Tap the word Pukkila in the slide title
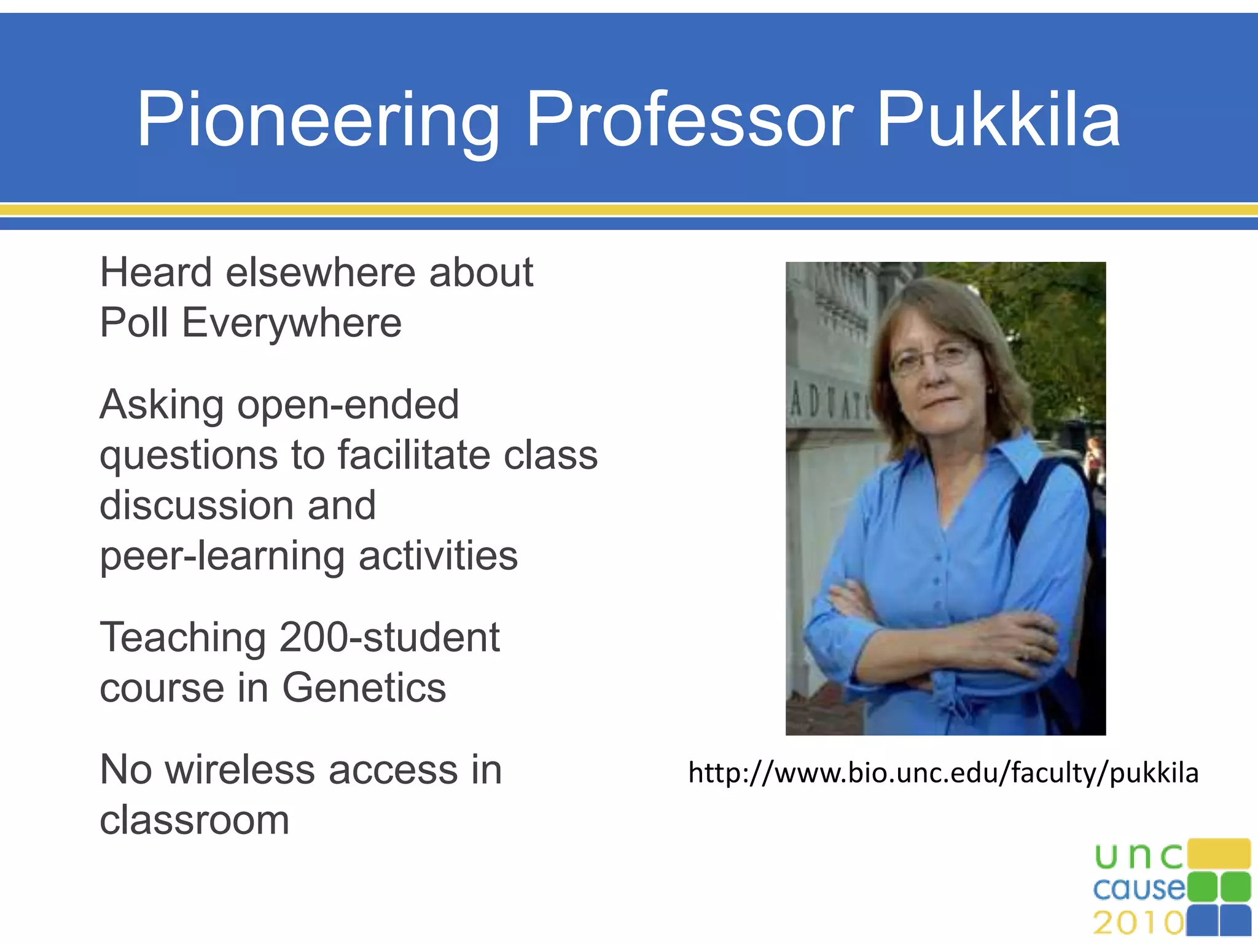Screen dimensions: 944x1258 click(999, 120)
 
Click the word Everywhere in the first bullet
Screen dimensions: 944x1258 click(292, 323)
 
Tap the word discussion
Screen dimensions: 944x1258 click(197, 506)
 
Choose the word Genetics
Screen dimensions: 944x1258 click(364, 688)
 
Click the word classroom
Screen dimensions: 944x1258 click(194, 820)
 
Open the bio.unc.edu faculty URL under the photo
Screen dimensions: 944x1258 click(943, 773)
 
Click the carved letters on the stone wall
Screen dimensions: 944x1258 click(829, 405)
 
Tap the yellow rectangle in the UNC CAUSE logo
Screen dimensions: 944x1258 click(1219, 854)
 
